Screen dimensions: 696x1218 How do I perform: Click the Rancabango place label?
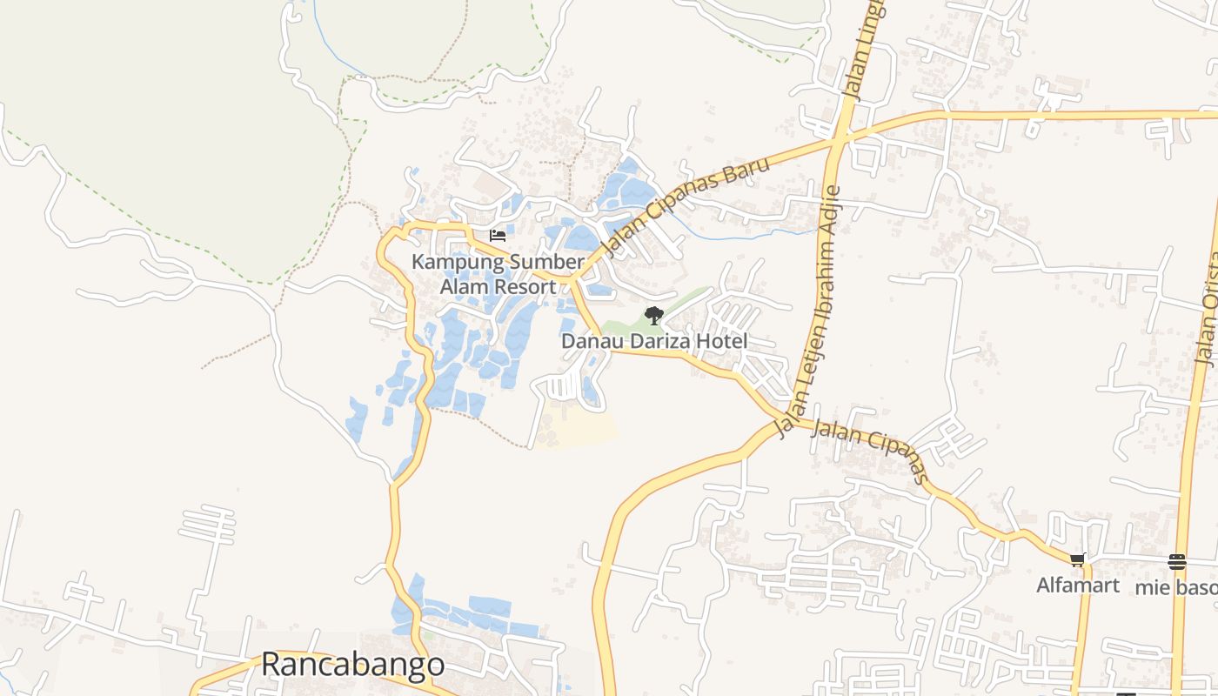point(352,665)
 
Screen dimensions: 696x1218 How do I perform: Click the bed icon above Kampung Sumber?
point(498,235)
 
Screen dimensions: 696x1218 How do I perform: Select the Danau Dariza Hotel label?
point(653,341)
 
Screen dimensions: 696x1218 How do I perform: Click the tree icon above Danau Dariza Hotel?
point(653,316)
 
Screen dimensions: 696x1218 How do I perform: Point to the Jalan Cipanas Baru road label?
point(687,205)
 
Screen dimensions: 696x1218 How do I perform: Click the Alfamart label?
point(1077,586)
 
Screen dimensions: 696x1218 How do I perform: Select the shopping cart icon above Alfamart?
point(1078,560)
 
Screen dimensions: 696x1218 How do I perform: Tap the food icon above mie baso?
point(1177,561)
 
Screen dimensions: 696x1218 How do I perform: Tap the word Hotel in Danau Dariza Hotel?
point(721,341)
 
